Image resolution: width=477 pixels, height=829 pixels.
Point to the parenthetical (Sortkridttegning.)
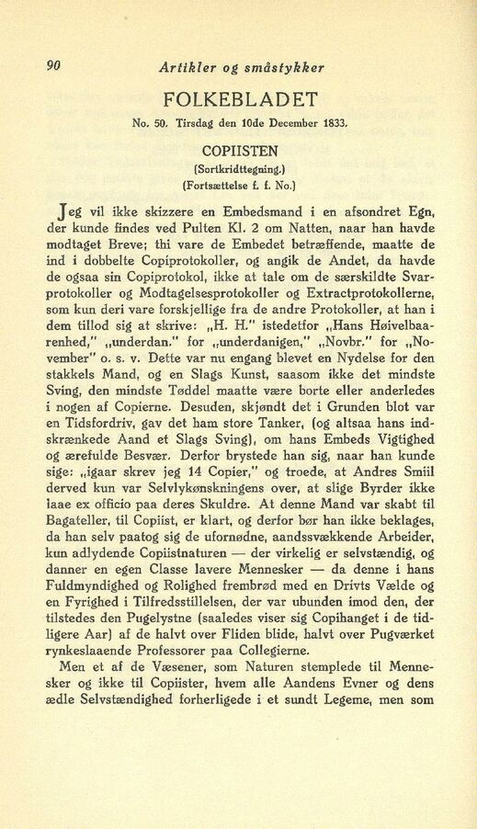[x=242, y=170]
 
